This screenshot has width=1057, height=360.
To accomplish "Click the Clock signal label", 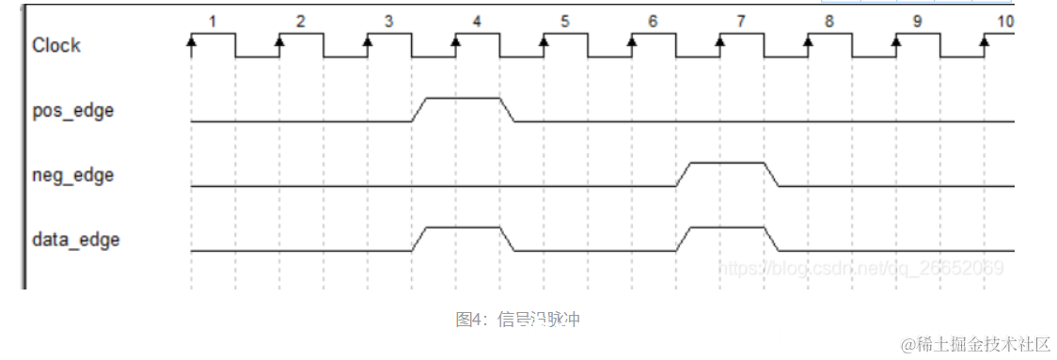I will pos(56,45).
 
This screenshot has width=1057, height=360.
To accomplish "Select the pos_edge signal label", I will pos(72,110).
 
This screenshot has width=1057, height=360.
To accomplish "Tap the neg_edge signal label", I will pos(72,175).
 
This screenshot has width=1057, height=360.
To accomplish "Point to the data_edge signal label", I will pos(75,240).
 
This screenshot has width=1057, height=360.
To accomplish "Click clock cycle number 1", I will pos(213,20).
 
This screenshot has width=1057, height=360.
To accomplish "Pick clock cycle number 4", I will pos(477,20).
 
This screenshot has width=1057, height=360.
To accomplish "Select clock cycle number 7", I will pos(741,20).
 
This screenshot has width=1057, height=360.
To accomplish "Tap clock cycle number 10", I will pos(1005,20).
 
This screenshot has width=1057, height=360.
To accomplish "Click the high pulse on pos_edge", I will pos(464,98).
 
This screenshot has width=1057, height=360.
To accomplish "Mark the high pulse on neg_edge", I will pos(728,163).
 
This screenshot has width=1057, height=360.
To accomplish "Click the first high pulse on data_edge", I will pos(464,227).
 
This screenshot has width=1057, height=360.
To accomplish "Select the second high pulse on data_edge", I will pos(728,227).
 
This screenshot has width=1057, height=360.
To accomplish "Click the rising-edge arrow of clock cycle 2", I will pos(279,41).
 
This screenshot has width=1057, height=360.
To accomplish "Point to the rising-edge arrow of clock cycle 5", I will pos(544,41).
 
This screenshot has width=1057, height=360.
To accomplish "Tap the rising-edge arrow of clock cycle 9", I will pos(896,41).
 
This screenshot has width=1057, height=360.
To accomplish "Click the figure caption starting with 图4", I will pos(518,320).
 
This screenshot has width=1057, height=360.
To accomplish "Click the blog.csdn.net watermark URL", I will pos(860,268).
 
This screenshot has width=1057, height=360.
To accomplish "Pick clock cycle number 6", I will pos(653,20).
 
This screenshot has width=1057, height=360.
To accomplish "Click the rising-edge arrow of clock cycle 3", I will pos(368,41).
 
